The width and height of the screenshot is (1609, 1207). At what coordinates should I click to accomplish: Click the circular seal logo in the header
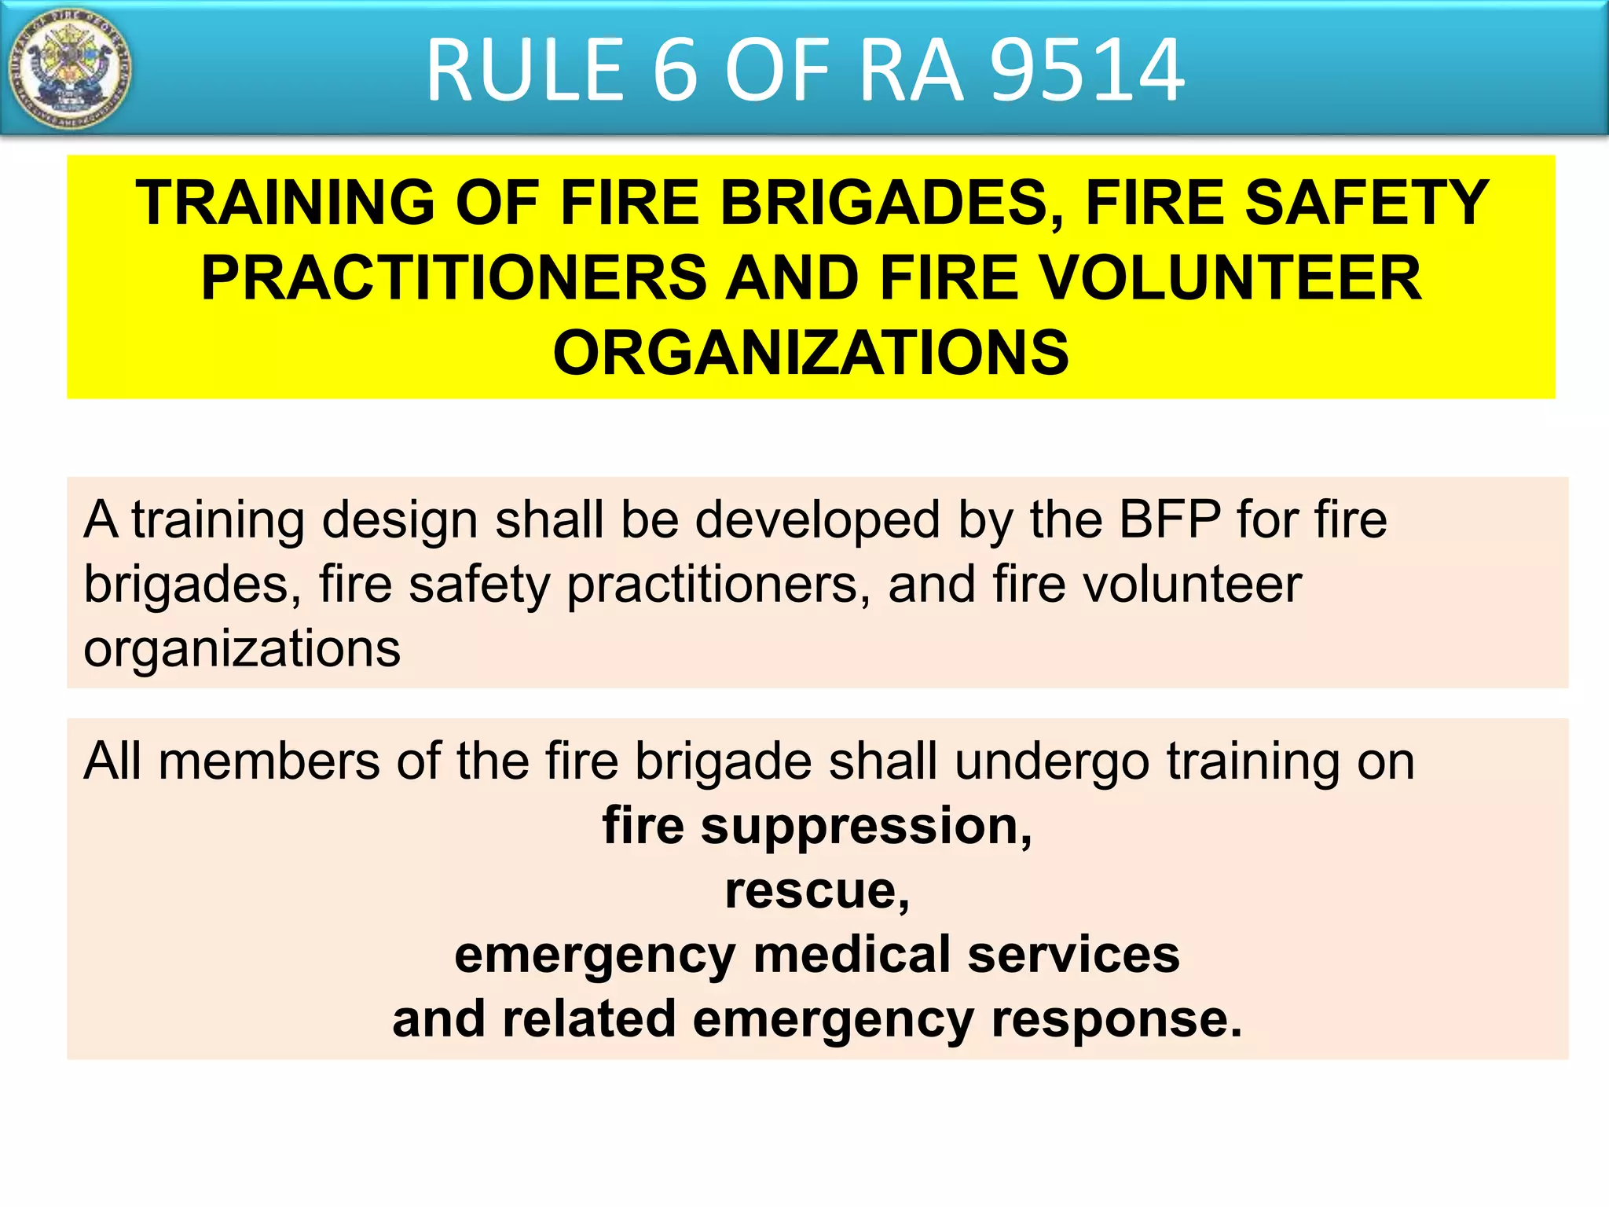pos(69,69)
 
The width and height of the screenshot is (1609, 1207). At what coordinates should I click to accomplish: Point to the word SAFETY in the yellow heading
pos(1365,204)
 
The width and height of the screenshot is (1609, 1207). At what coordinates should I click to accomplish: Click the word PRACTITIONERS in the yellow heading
pos(453,278)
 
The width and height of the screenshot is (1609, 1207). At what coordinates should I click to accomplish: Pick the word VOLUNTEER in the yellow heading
pos(1230,278)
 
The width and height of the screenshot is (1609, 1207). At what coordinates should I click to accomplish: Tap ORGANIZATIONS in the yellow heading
pos(811,353)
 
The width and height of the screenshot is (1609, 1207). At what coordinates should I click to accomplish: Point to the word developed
pos(818,521)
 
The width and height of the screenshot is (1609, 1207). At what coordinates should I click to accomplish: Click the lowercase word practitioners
pos(712,586)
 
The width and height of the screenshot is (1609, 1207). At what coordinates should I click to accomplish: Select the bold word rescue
pos(816,891)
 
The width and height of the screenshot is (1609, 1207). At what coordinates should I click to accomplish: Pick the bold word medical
pos(852,955)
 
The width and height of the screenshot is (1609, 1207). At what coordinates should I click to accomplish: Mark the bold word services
pos(1073,955)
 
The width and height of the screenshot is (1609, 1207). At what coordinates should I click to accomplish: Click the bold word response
pos(1116,1021)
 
